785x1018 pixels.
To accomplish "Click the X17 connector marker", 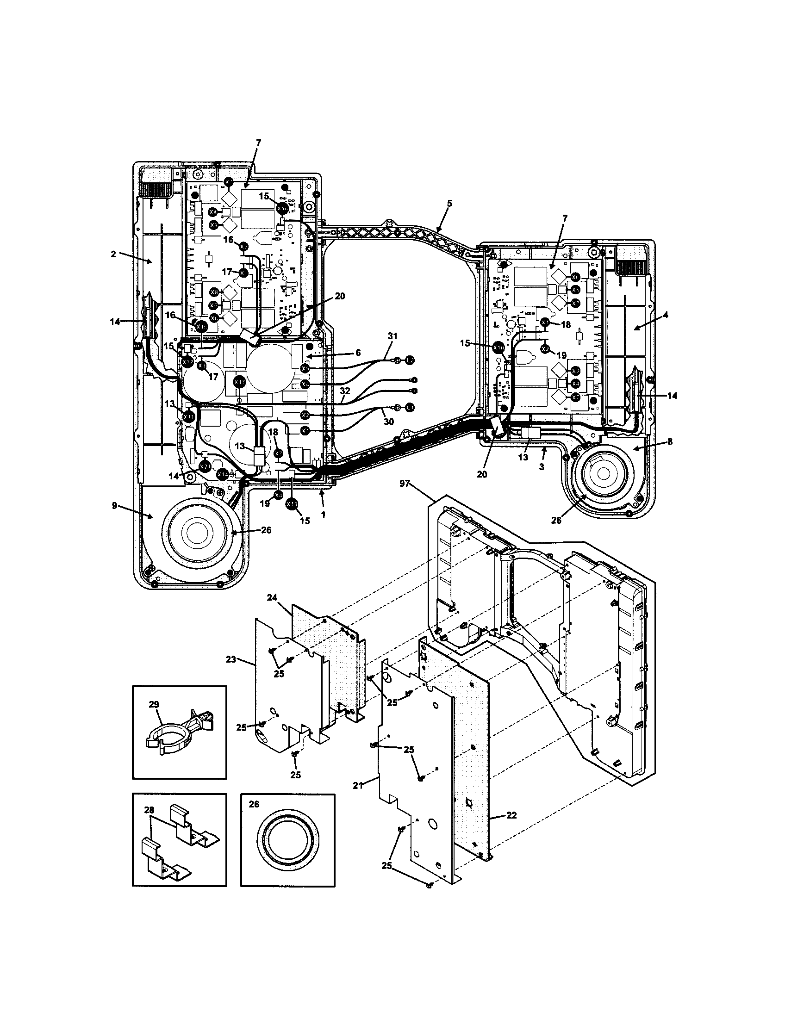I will click(x=239, y=382).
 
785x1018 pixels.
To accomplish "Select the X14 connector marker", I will click(x=223, y=474).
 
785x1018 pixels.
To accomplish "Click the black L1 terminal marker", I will click(x=410, y=407).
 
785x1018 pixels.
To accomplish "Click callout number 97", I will click(x=404, y=484).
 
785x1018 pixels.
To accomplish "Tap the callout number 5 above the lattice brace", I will click(x=449, y=203).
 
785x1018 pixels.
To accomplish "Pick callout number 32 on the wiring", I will click(x=345, y=391).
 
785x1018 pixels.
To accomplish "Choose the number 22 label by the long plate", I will click(x=511, y=816).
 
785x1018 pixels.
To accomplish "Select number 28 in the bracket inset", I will click(x=149, y=812).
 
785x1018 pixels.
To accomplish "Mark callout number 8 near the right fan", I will click(x=670, y=442).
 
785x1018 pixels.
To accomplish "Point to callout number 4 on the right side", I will click(x=666, y=315).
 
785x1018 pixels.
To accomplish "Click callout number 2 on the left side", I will click(x=113, y=254).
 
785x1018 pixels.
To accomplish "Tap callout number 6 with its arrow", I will click(x=357, y=353).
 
